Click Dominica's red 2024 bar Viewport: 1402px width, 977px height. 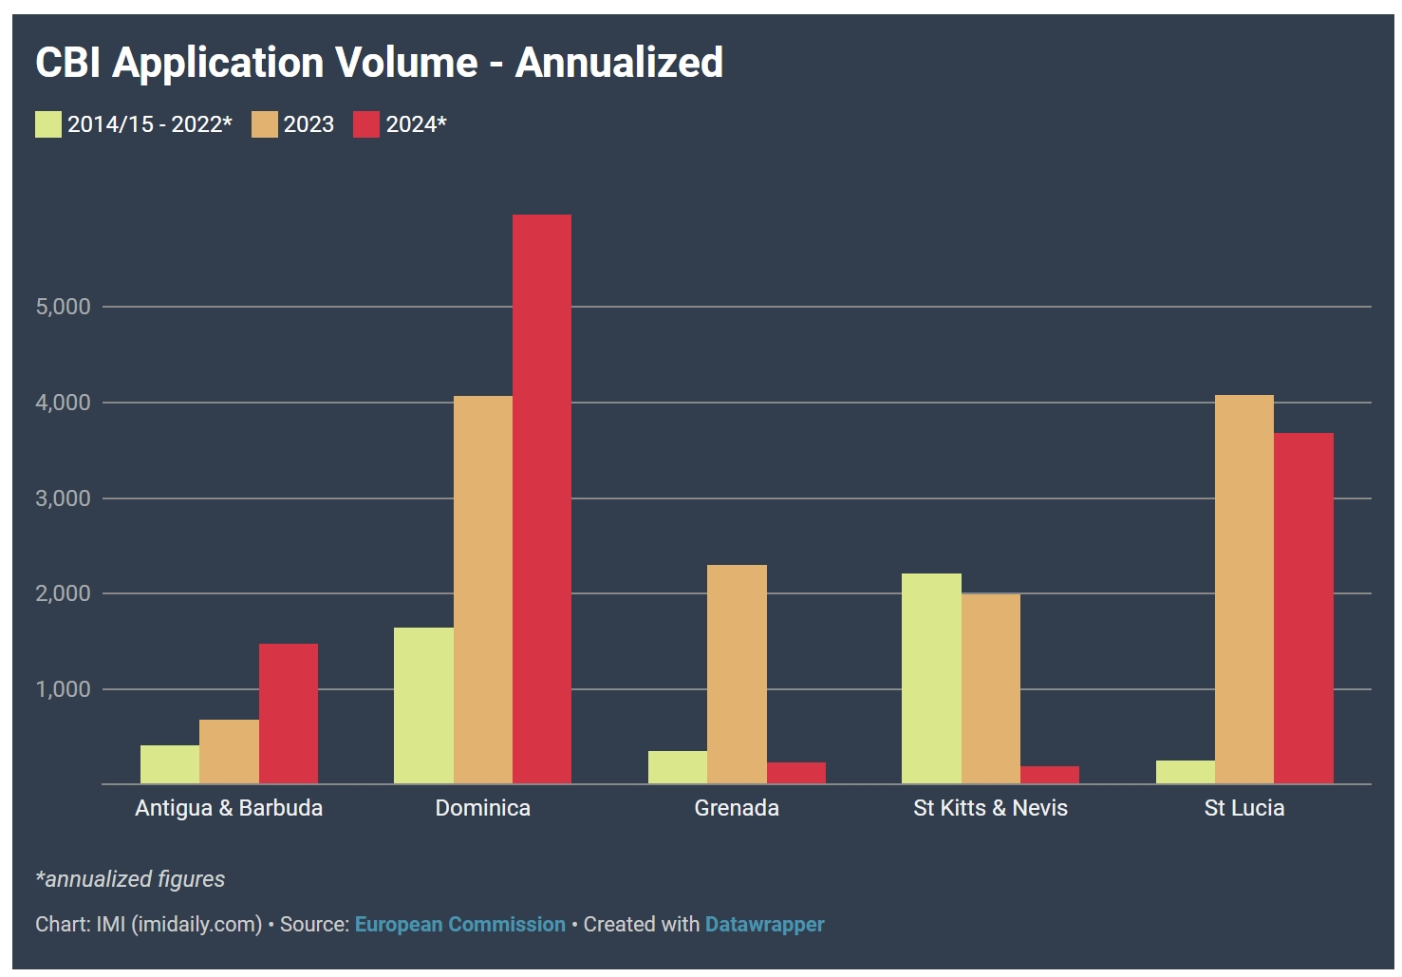[x=542, y=498]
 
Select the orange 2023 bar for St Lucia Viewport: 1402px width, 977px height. [x=1243, y=589]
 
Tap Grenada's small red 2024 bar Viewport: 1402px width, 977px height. [x=795, y=773]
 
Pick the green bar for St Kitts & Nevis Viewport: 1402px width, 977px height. [x=931, y=678]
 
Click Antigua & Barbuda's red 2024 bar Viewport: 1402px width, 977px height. [x=289, y=713]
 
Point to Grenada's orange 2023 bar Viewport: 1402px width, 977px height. [x=737, y=674]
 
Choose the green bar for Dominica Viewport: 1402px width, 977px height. [x=423, y=705]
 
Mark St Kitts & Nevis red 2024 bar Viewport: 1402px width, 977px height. [x=1050, y=775]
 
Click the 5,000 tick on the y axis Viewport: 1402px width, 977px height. [x=63, y=307]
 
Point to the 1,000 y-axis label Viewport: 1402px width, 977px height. [x=63, y=689]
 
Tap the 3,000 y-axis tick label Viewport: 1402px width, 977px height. [x=63, y=498]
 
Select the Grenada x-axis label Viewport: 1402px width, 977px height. [x=737, y=808]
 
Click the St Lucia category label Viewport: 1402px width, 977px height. [x=1243, y=808]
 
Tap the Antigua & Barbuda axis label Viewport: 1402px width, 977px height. [x=229, y=808]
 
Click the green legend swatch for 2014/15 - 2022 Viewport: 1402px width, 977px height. [x=48, y=124]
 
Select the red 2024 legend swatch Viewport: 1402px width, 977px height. [x=366, y=124]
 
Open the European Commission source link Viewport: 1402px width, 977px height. [x=459, y=924]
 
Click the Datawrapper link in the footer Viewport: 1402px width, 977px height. [x=764, y=924]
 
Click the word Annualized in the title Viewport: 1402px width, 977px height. [x=619, y=63]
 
